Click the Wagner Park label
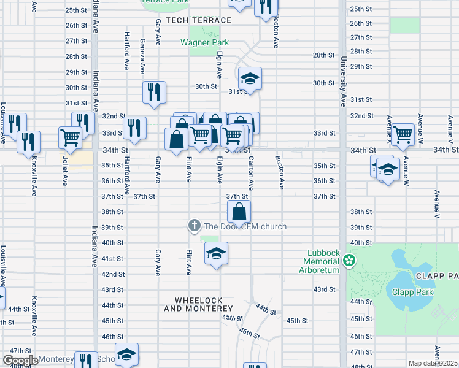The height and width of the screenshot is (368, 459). (204, 42)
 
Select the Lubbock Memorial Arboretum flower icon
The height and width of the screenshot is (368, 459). (350, 261)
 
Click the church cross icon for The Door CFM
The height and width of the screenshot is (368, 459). (194, 226)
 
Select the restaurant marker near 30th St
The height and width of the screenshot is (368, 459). (154, 92)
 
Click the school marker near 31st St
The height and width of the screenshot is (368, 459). (250, 78)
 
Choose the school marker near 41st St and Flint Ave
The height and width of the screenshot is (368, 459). (215, 253)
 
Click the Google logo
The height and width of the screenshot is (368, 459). (20, 361)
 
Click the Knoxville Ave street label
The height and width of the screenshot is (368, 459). (34, 178)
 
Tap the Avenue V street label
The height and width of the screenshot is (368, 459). (436, 205)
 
